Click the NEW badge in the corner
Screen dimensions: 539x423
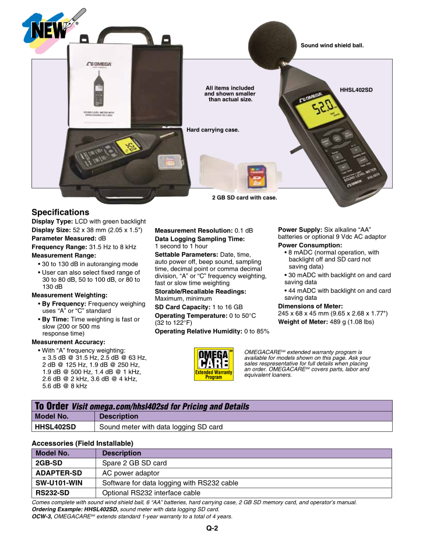(x=42, y=27)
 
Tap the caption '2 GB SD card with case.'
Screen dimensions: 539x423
(x=244, y=198)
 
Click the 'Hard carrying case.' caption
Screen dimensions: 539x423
(x=213, y=129)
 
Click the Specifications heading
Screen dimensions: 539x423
(x=60, y=212)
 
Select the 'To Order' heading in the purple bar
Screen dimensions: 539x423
(x=51, y=406)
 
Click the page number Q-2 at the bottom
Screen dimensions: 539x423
(x=211, y=529)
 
